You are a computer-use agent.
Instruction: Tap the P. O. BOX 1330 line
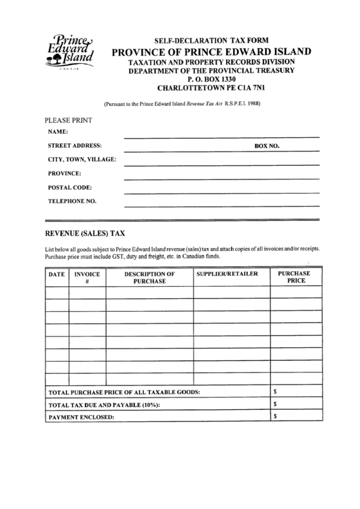211,79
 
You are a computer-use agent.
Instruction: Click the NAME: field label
58,132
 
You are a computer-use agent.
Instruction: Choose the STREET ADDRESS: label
75,145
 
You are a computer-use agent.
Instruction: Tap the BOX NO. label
267,145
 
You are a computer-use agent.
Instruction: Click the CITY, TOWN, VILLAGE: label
81,160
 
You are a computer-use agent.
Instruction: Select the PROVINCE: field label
65,173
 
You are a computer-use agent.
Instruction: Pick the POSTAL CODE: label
69,187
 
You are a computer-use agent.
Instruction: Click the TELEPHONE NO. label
72,201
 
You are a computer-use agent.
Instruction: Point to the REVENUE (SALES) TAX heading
84,232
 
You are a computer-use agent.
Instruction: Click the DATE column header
56,275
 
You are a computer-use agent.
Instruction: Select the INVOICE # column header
87,277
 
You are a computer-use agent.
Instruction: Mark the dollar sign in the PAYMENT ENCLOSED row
275,417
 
